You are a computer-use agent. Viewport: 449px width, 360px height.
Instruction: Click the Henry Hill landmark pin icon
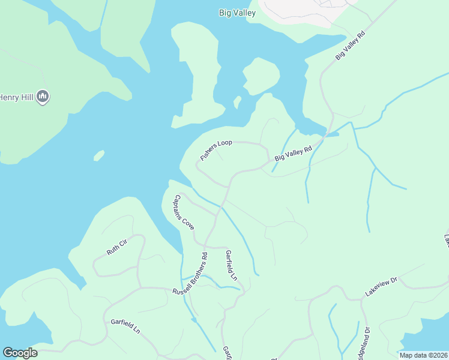coord(43,96)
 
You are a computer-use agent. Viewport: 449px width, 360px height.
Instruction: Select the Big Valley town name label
coord(237,13)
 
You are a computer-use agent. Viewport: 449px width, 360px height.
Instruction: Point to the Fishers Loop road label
coord(216,151)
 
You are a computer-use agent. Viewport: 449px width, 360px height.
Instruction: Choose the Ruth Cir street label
coord(117,248)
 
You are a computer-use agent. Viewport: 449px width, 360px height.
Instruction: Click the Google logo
coord(20,353)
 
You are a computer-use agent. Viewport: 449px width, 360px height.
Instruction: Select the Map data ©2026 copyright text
coord(423,355)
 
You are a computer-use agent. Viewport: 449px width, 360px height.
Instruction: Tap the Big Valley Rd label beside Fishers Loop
coord(294,154)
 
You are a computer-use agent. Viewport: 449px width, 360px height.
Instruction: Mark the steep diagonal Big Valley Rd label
coord(350,46)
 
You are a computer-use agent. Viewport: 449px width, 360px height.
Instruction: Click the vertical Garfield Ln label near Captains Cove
coord(231,266)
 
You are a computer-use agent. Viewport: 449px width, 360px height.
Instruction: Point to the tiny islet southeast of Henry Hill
coord(99,156)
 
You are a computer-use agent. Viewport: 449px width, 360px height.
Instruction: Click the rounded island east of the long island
coord(262,76)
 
